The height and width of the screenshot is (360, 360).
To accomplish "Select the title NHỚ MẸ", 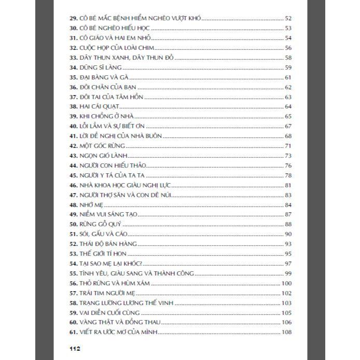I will (91, 204).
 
